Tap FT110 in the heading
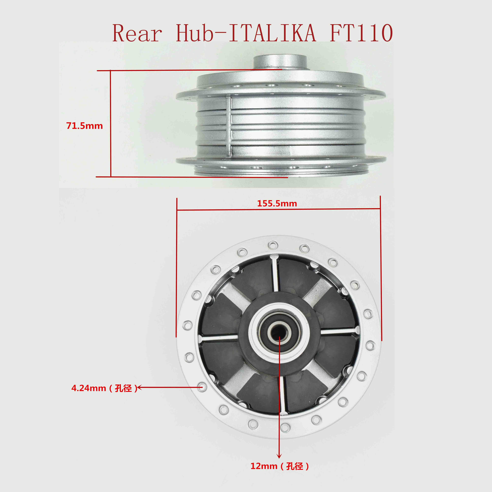coord(361,33)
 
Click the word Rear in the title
coord(137,33)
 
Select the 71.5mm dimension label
coord(85,126)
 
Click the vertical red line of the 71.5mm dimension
coord(111,123)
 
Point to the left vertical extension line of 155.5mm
coord(177,267)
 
